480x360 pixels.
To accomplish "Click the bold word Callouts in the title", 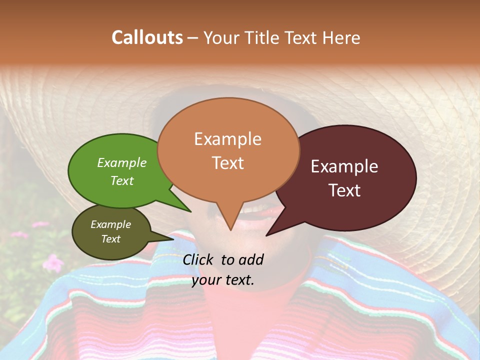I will [147, 38].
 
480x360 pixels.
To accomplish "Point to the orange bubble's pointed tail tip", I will [230, 230].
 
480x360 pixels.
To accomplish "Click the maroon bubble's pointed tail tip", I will [266, 235].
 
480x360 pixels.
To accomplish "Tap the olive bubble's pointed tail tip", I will [173, 238].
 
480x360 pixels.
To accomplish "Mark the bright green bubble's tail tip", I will [191, 212].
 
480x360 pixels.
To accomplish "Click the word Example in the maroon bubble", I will [344, 166].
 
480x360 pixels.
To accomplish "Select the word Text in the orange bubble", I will [228, 163].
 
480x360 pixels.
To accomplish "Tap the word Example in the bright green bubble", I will [122, 163].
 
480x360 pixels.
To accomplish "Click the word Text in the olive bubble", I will [111, 239].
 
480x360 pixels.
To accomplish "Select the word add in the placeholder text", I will [251, 259].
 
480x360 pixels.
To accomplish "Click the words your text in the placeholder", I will [223, 280].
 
